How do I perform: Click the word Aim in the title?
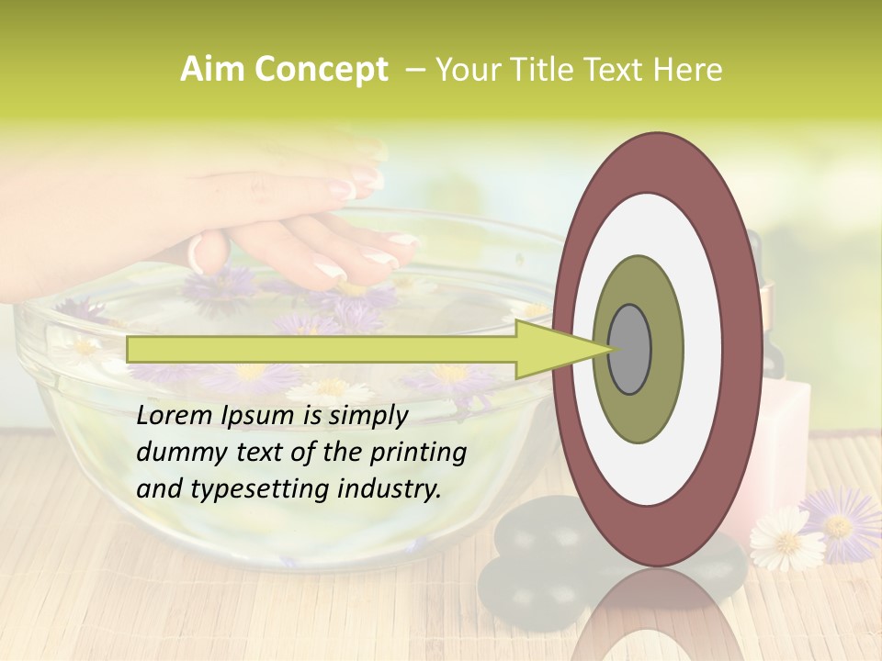click(x=211, y=70)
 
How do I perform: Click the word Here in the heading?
click(x=689, y=70)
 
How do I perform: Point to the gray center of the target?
click(x=630, y=350)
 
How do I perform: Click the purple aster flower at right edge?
click(x=841, y=524)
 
